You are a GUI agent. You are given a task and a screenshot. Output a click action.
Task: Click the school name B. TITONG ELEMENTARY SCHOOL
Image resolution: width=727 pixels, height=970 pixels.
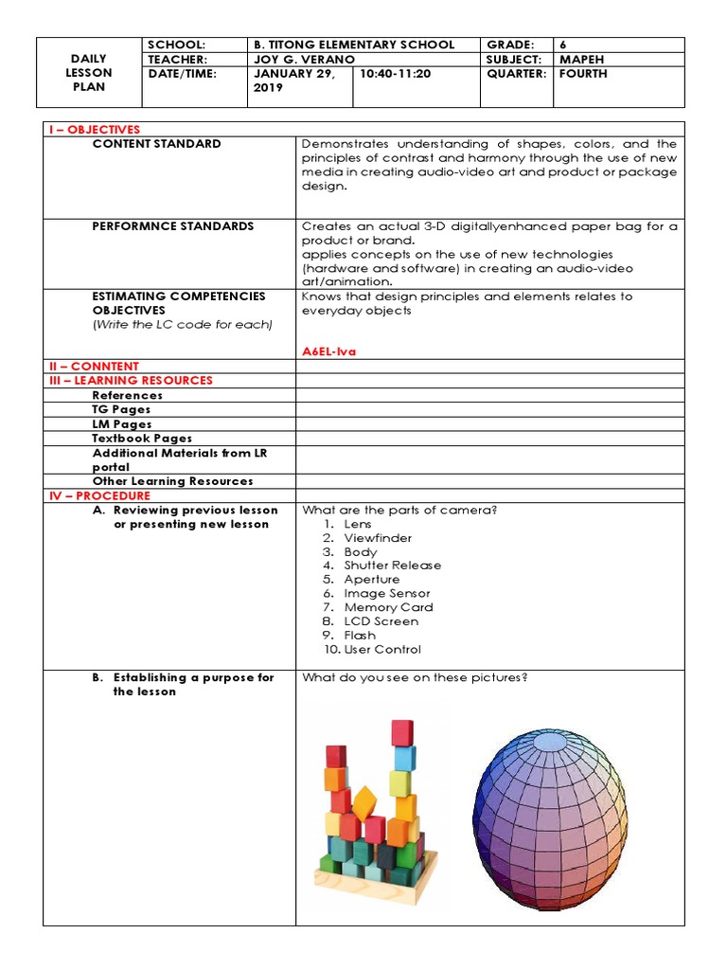coord(354,45)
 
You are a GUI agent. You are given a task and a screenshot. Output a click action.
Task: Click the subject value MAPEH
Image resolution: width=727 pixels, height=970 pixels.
coord(583,59)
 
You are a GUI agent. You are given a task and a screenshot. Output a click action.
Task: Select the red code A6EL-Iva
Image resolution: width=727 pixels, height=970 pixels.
coord(327,351)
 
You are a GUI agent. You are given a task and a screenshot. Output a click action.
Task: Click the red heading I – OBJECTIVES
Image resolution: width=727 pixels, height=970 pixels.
coord(93,130)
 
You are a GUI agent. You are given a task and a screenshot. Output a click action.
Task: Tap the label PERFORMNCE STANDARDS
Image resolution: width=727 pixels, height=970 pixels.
coord(172,226)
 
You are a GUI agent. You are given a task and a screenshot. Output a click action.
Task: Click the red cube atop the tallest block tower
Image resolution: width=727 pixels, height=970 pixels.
coord(402,732)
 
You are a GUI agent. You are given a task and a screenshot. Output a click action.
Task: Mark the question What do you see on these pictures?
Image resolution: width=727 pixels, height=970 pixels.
coord(414,678)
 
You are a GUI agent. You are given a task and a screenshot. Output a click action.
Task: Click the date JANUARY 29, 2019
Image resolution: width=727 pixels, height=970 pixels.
coord(293,81)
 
